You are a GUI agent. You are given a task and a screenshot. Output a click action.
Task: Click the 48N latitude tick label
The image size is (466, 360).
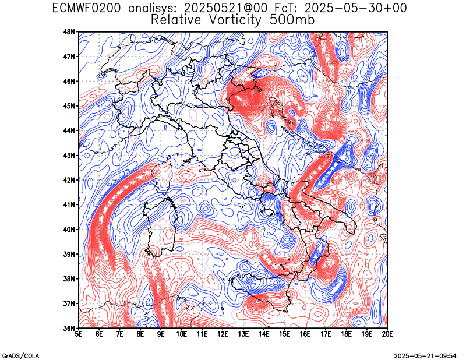tap(69, 31)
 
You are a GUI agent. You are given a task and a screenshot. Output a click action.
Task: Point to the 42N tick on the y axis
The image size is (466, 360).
tap(69, 180)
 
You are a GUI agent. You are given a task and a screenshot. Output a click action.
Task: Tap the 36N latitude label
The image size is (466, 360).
tap(69, 328)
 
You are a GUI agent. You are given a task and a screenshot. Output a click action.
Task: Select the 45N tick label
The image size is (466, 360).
tap(69, 106)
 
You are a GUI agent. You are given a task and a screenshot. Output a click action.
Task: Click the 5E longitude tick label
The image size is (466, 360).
tap(79, 334)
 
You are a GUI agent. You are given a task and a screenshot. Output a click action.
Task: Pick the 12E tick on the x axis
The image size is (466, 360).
tap(223, 334)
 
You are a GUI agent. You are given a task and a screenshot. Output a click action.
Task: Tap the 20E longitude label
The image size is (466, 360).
tap(387, 334)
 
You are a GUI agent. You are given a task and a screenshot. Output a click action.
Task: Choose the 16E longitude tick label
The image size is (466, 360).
tap(305, 334)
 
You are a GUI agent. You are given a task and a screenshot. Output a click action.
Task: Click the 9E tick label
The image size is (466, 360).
tap(161, 334)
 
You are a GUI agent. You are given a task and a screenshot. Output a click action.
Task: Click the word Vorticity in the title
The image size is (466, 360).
tap(235, 20)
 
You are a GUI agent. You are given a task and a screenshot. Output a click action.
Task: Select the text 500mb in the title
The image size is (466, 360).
tap(292, 20)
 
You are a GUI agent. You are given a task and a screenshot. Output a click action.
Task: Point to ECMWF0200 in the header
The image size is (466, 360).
tap(86, 8)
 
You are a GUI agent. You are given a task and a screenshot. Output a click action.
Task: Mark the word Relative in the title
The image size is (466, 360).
tap(176, 20)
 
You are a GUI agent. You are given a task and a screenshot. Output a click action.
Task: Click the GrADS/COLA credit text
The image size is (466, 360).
tap(21, 356)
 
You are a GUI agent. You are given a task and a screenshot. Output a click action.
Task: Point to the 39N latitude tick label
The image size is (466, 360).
tap(69, 254)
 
